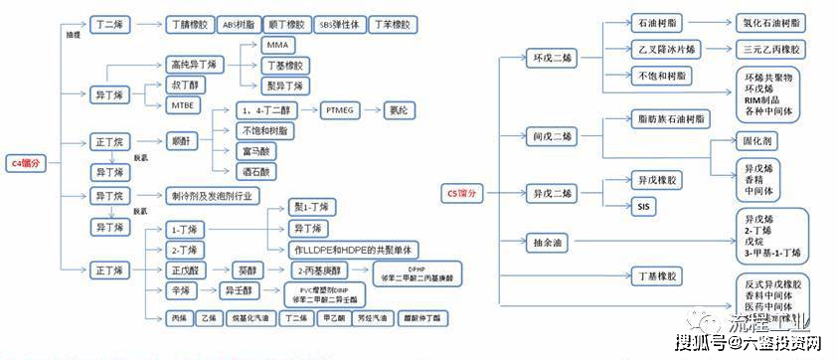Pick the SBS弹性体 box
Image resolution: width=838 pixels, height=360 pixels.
coord(339,21)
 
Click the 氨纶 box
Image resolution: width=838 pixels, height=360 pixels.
coord(403,109)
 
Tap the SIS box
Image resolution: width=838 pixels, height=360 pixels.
coord(642,206)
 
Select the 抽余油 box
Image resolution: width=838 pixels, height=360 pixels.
coord(550,240)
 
